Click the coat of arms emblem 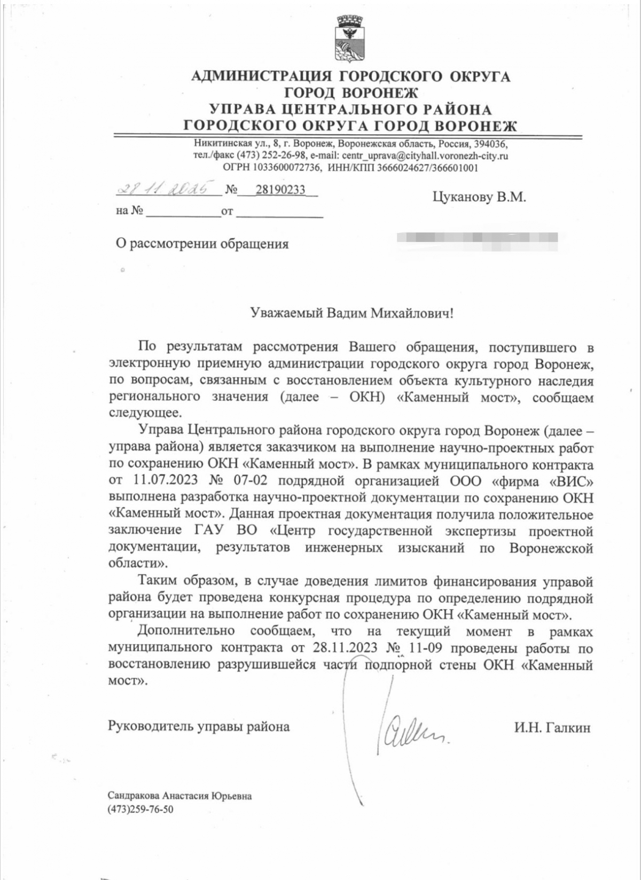click(x=350, y=38)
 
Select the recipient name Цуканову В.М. click(x=479, y=197)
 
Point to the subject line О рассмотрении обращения click(x=202, y=244)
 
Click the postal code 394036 click(x=491, y=144)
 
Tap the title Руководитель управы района click(x=199, y=727)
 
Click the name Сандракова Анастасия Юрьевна click(x=180, y=796)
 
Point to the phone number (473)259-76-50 click(x=140, y=809)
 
